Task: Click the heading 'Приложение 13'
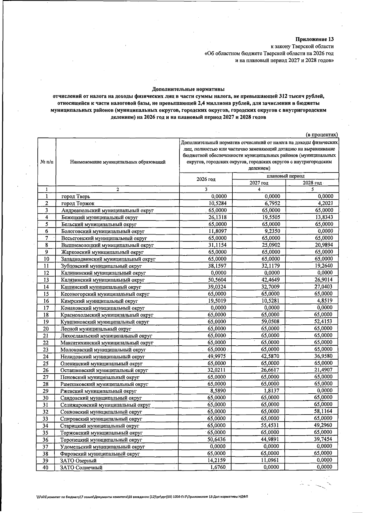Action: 315,39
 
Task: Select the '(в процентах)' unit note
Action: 322,135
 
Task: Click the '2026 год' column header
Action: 206,179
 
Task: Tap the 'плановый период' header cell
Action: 285,176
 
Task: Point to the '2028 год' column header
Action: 312,183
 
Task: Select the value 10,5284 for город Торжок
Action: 217,203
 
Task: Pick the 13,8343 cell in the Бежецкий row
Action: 324,217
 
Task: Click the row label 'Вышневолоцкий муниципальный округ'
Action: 107,245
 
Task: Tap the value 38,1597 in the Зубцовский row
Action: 217,266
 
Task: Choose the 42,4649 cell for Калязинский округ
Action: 270,280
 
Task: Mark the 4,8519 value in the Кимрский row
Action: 325,301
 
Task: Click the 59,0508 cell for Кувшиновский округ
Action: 270,321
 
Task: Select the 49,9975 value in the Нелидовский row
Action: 217,356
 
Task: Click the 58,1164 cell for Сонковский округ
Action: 324,411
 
